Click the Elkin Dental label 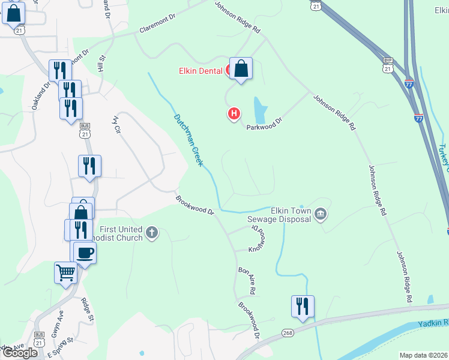click(201, 71)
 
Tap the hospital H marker click(234, 113)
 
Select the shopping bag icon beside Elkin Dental click(241, 69)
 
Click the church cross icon click(152, 233)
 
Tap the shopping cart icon click(65, 272)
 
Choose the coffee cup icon click(85, 252)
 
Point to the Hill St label click(101, 65)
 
